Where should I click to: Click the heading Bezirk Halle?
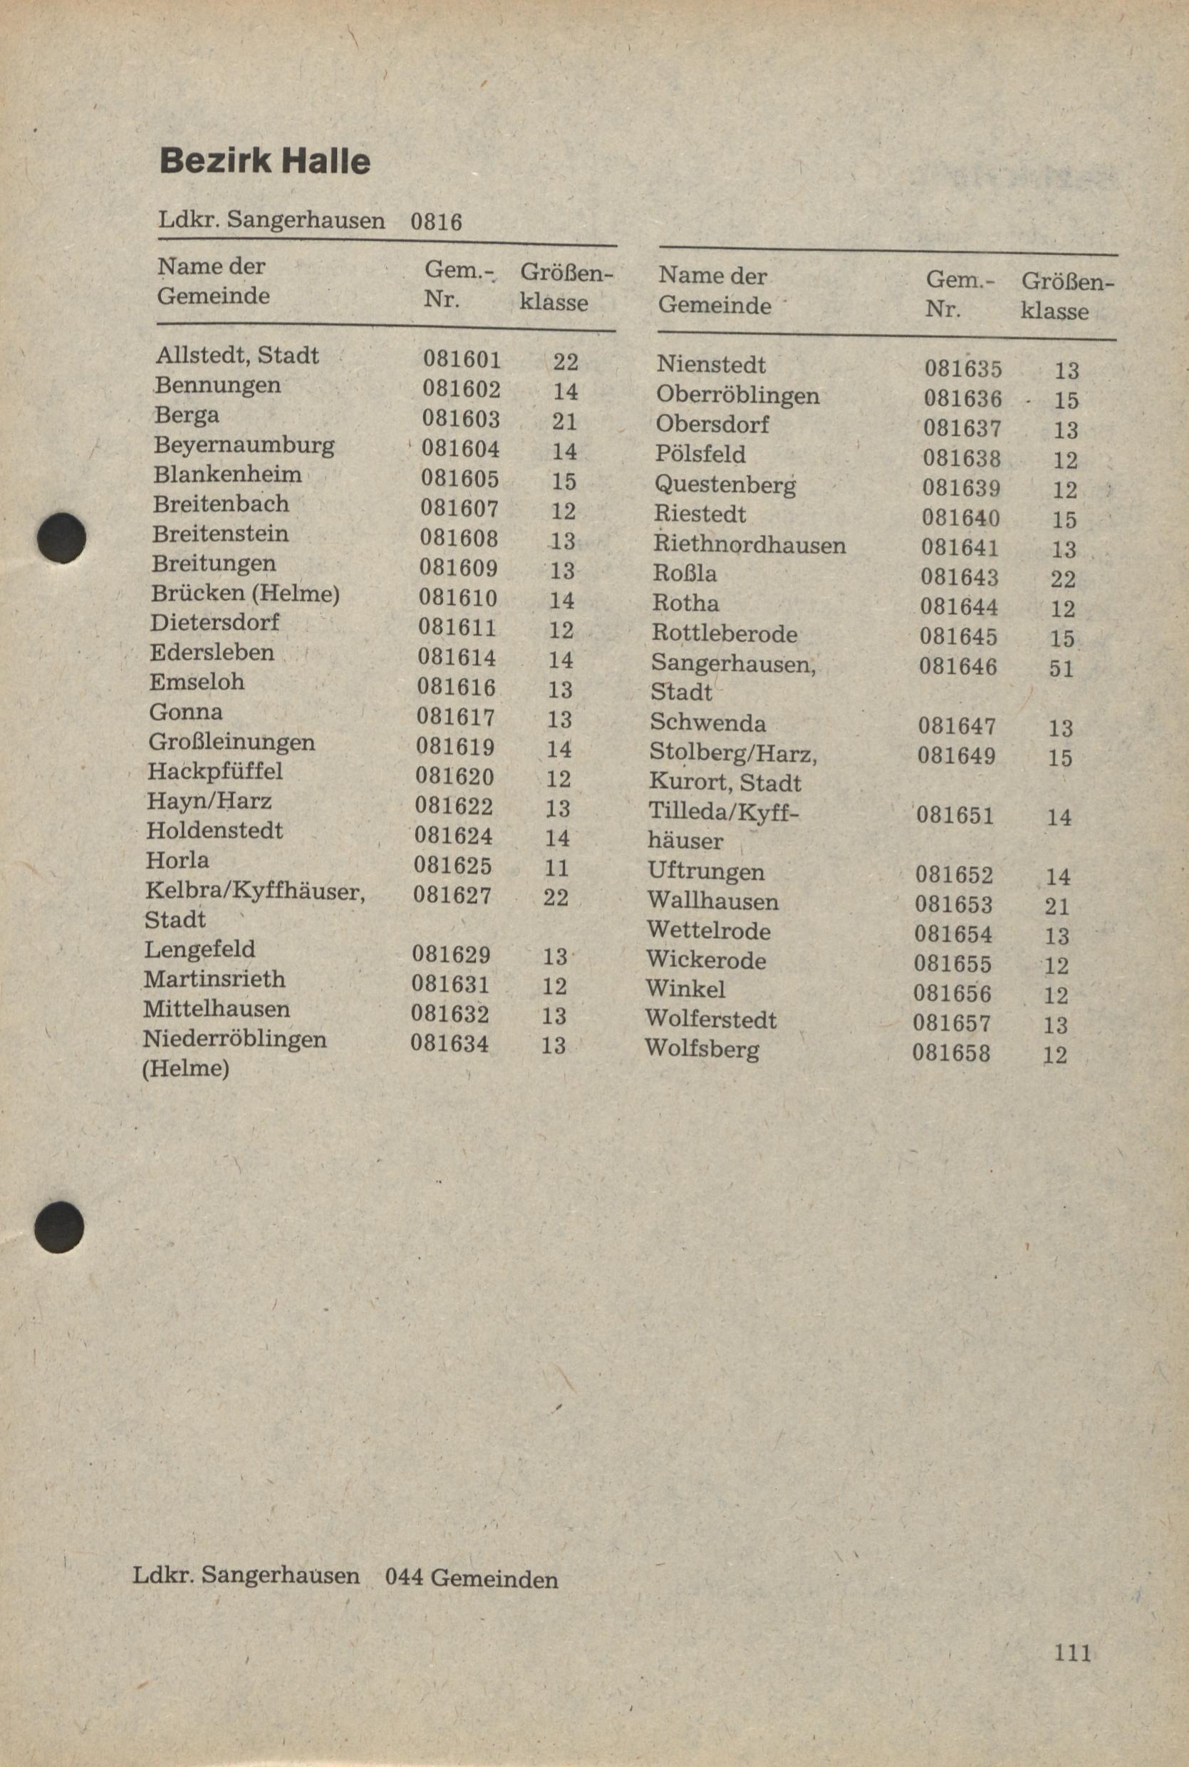point(264,162)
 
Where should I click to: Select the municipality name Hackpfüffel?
point(215,771)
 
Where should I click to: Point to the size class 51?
point(1061,668)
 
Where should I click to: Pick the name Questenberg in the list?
point(725,484)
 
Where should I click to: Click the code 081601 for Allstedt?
point(462,360)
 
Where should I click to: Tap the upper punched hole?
point(62,538)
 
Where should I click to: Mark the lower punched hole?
point(59,1226)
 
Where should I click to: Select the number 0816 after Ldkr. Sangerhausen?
point(436,222)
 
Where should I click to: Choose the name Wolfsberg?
point(702,1049)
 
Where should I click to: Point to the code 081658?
point(951,1052)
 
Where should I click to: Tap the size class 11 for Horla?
point(557,867)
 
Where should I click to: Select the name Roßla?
point(684,574)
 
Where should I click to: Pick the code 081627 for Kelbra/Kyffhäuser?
point(452,895)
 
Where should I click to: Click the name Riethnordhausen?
point(749,544)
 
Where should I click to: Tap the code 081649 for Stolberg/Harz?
point(956,755)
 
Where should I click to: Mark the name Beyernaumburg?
point(244,445)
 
